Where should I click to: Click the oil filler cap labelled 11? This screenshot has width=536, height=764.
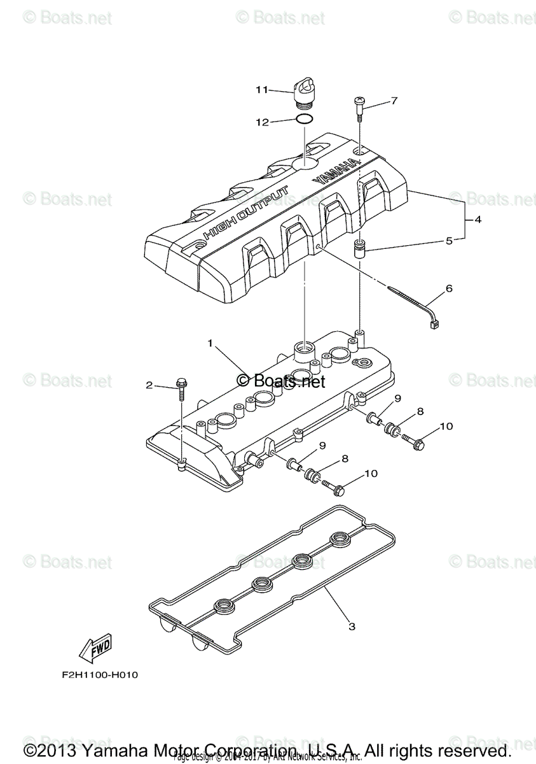point(305,90)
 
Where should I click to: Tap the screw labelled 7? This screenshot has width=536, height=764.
point(359,109)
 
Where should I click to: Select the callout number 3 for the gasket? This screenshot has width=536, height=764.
point(352,626)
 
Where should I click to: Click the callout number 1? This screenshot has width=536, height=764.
point(210,343)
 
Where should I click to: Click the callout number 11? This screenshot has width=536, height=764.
point(262,90)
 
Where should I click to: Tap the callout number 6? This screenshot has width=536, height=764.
point(449,288)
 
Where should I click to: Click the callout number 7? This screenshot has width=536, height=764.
point(394,101)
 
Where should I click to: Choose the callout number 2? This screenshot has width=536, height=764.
point(149,385)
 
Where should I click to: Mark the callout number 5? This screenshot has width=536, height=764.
point(449,241)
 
